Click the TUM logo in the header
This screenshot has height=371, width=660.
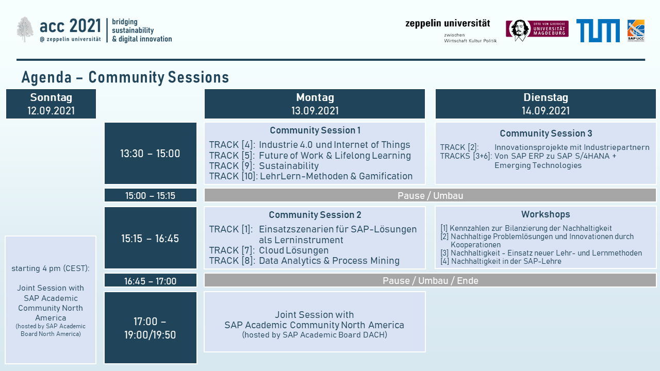click(x=598, y=30)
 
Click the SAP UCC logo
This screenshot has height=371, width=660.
click(x=636, y=30)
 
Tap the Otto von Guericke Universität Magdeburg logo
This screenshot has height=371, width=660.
click(x=537, y=30)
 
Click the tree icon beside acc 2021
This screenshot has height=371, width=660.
click(x=25, y=29)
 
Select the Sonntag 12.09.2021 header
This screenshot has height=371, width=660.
click(x=51, y=104)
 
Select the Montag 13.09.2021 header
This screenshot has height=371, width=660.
click(x=315, y=104)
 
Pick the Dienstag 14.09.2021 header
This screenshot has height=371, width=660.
click(x=546, y=104)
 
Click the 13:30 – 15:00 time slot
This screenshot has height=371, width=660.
click(x=150, y=154)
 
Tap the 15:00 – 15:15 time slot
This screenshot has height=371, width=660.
click(x=150, y=195)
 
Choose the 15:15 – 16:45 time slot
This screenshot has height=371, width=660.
click(x=150, y=238)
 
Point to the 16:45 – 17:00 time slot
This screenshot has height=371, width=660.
click(x=150, y=281)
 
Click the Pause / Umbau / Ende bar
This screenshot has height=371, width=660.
click(x=430, y=280)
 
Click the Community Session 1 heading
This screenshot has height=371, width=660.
click(x=315, y=130)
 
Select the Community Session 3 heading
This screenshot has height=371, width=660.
click(x=546, y=133)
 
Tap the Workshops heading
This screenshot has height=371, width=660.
click(x=546, y=214)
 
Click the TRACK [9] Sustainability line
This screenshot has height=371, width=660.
click(x=264, y=166)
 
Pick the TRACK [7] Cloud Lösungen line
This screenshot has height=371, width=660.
click(x=269, y=250)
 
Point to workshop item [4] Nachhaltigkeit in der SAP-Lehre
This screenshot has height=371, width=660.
click(x=501, y=261)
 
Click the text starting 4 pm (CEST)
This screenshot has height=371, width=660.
click(x=51, y=268)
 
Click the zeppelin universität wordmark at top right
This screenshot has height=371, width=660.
click(x=448, y=23)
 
